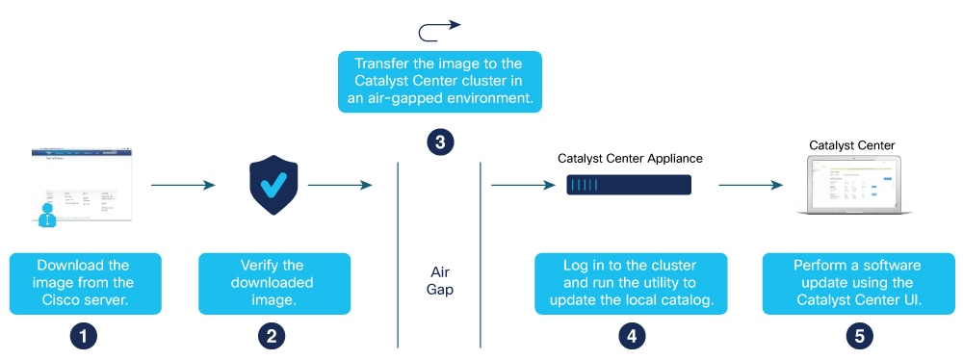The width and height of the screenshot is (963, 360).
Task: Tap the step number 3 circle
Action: pos(440,141)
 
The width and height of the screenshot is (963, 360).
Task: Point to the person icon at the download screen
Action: pos(45,212)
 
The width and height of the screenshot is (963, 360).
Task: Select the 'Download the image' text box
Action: pos(83,283)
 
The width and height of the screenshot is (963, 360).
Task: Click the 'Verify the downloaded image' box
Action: pos(274,283)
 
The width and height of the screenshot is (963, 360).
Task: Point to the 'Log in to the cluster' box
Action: pos(632,283)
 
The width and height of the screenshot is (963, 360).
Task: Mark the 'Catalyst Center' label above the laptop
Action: pos(851,145)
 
